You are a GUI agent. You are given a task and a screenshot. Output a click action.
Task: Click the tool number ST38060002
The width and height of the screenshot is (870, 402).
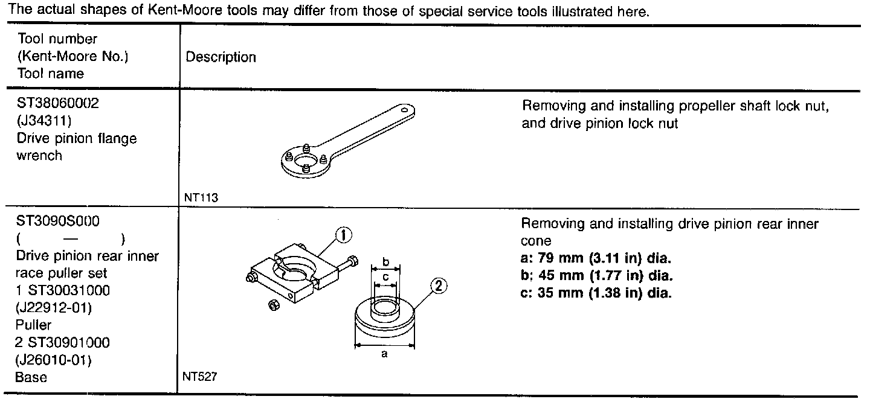tap(59, 103)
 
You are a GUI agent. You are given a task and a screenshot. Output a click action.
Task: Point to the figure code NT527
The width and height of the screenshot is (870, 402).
tap(199, 377)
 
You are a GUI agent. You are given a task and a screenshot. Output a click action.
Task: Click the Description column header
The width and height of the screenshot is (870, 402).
tap(221, 57)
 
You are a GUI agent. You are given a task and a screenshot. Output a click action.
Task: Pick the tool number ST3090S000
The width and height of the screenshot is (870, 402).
tap(58, 221)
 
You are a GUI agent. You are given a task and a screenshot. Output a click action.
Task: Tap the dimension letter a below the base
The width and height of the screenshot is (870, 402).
tap(384, 354)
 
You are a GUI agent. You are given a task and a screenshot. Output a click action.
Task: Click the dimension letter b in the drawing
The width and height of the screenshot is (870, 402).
tap(386, 263)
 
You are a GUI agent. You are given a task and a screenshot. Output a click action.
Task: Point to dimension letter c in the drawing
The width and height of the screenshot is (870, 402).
tap(386, 277)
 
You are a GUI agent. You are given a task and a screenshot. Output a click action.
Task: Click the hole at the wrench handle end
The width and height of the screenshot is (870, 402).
tap(404, 110)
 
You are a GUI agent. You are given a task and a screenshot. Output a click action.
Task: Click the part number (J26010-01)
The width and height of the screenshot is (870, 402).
tap(54, 360)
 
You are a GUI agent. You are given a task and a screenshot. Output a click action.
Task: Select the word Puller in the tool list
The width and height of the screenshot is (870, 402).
tap(33, 325)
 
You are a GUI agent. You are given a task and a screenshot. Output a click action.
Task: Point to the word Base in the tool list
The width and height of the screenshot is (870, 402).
tap(31, 377)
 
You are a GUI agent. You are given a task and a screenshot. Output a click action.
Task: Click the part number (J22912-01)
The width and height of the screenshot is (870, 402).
tap(54, 308)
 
